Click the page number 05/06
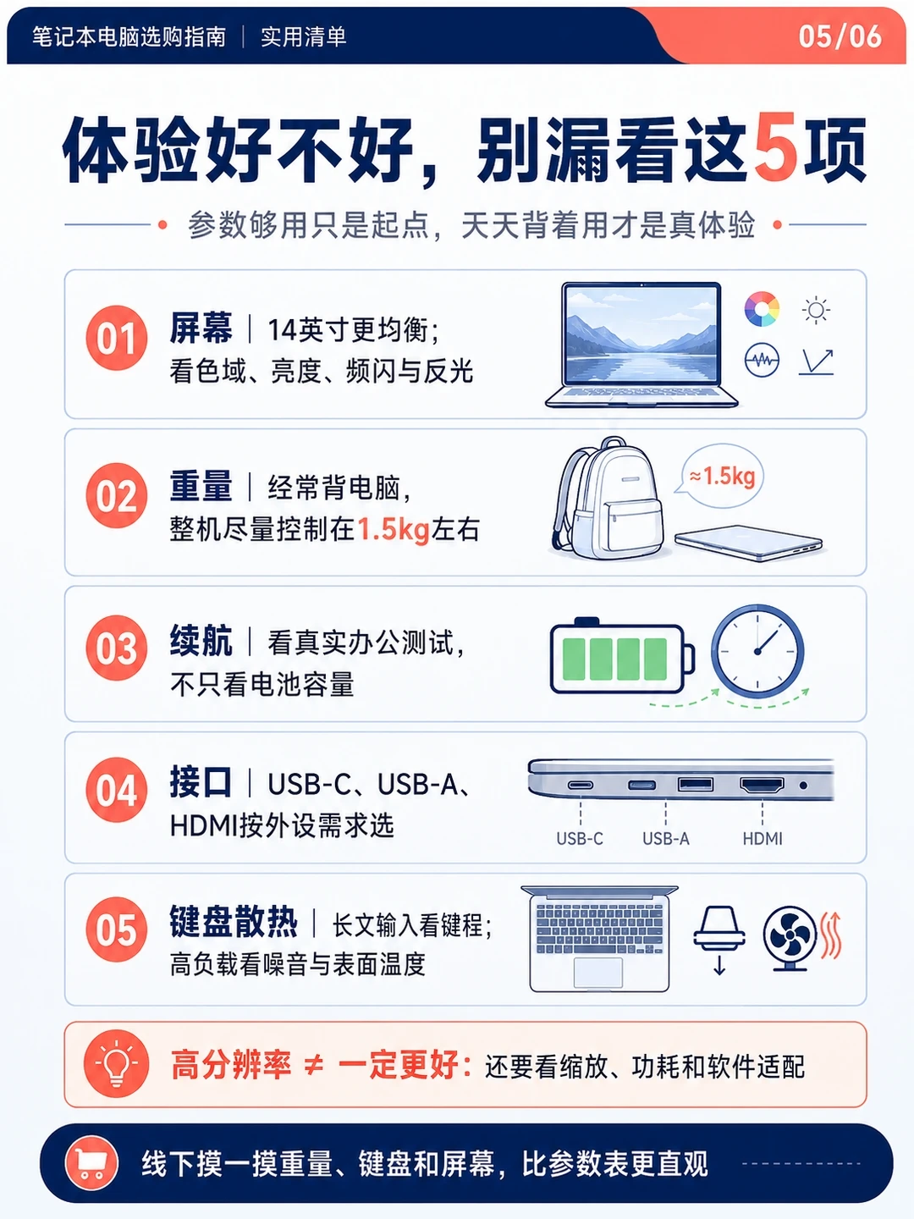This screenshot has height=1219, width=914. pyautogui.click(x=840, y=36)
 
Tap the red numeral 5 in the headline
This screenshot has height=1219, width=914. pyautogui.click(x=775, y=147)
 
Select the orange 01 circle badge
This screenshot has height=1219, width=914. pyautogui.click(x=116, y=338)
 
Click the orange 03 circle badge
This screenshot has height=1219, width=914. pyautogui.click(x=116, y=648)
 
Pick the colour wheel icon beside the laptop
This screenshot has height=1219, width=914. pyautogui.click(x=762, y=309)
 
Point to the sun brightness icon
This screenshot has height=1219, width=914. pyautogui.click(x=816, y=310)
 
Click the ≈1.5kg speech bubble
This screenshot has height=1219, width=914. pyautogui.click(x=720, y=476)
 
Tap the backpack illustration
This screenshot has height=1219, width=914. pyautogui.click(x=608, y=498)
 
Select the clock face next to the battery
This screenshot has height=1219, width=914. pyautogui.click(x=757, y=651)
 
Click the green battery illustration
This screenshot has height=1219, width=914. pyautogui.click(x=622, y=658)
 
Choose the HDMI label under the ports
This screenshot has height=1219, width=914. pyautogui.click(x=763, y=838)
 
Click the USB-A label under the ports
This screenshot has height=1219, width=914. pyautogui.click(x=665, y=838)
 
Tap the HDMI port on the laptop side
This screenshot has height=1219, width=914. pyautogui.click(x=762, y=786)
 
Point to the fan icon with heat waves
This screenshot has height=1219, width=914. pyautogui.click(x=801, y=939)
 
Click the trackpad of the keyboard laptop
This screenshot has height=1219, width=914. pyautogui.click(x=597, y=972)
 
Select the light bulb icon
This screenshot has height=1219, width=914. pyautogui.click(x=116, y=1065)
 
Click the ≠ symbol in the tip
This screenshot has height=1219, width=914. pyautogui.click(x=313, y=1065)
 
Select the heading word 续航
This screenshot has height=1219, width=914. pyautogui.click(x=201, y=641)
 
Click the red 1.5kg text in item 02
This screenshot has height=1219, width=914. pyautogui.click(x=394, y=529)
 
